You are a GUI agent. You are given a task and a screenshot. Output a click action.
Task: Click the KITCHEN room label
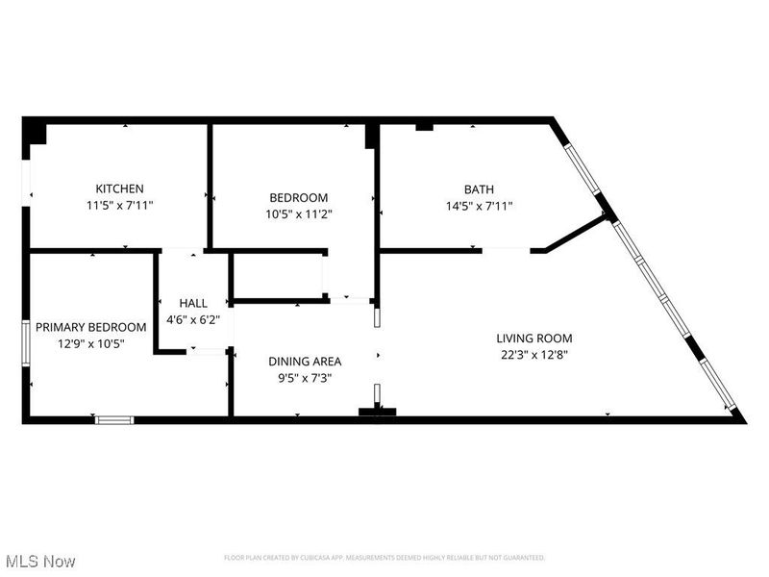tap(119, 188)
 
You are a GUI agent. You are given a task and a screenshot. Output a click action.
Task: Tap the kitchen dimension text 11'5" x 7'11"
tap(119, 205)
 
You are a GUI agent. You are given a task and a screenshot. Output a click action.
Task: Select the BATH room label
tap(478, 188)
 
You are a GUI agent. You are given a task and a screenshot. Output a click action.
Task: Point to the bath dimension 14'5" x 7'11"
tap(478, 205)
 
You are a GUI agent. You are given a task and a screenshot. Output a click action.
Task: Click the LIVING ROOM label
tap(533, 338)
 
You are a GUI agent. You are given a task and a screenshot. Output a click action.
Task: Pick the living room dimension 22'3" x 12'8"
tap(533, 354)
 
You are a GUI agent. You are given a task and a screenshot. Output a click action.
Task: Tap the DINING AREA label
tap(305, 362)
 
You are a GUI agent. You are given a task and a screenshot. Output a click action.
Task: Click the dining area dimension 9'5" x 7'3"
tap(305, 378)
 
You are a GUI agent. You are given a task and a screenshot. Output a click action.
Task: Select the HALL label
tap(193, 303)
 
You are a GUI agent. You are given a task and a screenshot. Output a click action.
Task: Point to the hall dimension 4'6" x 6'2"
tap(193, 318)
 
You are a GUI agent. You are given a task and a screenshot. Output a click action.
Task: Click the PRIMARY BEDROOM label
tap(91, 327)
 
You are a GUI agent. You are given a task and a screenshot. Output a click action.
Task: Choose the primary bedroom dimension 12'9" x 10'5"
tap(91, 343)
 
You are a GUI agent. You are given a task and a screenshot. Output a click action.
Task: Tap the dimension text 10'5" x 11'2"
tap(298, 213)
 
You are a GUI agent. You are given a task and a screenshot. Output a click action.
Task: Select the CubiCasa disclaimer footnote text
tap(384, 558)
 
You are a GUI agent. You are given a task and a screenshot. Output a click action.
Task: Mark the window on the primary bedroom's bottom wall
tap(114, 419)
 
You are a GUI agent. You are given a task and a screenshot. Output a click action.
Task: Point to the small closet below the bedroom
tap(279, 277)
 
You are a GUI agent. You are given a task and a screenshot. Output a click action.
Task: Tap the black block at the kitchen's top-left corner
tap(35, 131)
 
